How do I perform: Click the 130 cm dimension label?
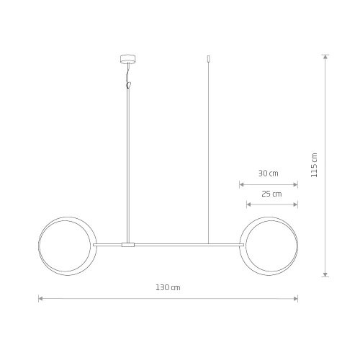168,287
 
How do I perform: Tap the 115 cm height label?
314,165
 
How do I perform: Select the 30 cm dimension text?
269,174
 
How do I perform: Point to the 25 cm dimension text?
271,194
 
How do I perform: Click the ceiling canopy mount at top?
127,59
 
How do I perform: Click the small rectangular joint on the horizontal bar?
128,245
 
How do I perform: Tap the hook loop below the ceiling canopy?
129,85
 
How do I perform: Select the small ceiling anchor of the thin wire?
208,58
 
